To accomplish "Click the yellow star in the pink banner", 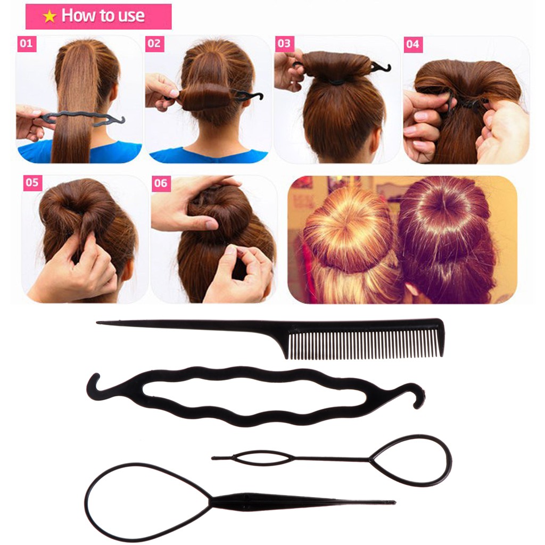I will (x=49, y=16).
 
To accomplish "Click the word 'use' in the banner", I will (x=131, y=16).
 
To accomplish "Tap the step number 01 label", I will (x=26, y=44).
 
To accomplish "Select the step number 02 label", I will (x=153, y=44).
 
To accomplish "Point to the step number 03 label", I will (x=284, y=44).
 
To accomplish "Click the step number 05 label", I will (x=32, y=183).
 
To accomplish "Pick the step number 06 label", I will (x=160, y=184).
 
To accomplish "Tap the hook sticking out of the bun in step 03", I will (x=382, y=67).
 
